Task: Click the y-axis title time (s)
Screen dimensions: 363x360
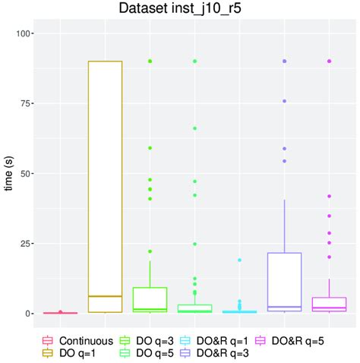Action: click(x=9, y=172)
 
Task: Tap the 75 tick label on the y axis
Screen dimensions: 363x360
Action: click(x=27, y=103)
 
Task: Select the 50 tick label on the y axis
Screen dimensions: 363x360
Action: click(x=27, y=173)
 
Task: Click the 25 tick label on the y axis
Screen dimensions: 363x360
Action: click(x=27, y=244)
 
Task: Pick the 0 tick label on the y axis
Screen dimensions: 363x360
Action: click(x=30, y=314)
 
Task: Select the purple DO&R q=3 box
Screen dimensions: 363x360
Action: click(x=285, y=282)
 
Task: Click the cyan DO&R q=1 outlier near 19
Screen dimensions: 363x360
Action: click(x=240, y=260)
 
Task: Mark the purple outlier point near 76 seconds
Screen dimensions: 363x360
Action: click(x=285, y=100)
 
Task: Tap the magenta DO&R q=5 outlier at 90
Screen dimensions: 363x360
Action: click(x=330, y=61)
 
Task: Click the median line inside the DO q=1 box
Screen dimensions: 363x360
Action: click(x=105, y=296)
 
